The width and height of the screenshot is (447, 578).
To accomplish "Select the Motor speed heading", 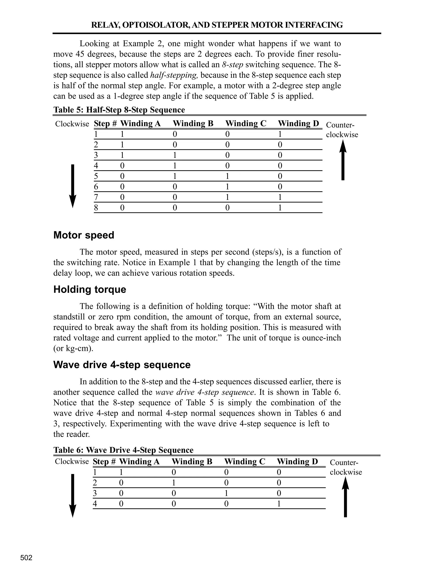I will click(84, 235).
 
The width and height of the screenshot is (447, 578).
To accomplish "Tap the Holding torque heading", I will click(89, 289).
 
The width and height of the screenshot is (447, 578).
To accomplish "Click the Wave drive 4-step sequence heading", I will click(122, 365).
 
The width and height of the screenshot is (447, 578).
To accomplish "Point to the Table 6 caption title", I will click(123, 450).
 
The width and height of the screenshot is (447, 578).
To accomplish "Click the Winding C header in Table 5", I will click(246, 124).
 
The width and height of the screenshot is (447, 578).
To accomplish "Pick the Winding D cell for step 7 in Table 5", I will click(280, 197).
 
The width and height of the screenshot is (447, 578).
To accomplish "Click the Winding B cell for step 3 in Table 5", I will click(175, 155).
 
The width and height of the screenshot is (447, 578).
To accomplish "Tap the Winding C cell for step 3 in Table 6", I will click(226, 493).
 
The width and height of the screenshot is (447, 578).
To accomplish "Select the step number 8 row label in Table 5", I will click(96, 208).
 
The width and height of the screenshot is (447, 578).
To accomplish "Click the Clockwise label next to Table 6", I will click(72, 462).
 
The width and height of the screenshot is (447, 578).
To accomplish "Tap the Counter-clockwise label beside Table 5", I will click(342, 130).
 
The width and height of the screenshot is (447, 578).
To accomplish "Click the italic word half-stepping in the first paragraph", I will click(174, 75).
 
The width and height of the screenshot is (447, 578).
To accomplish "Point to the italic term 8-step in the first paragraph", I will click(232, 65).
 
